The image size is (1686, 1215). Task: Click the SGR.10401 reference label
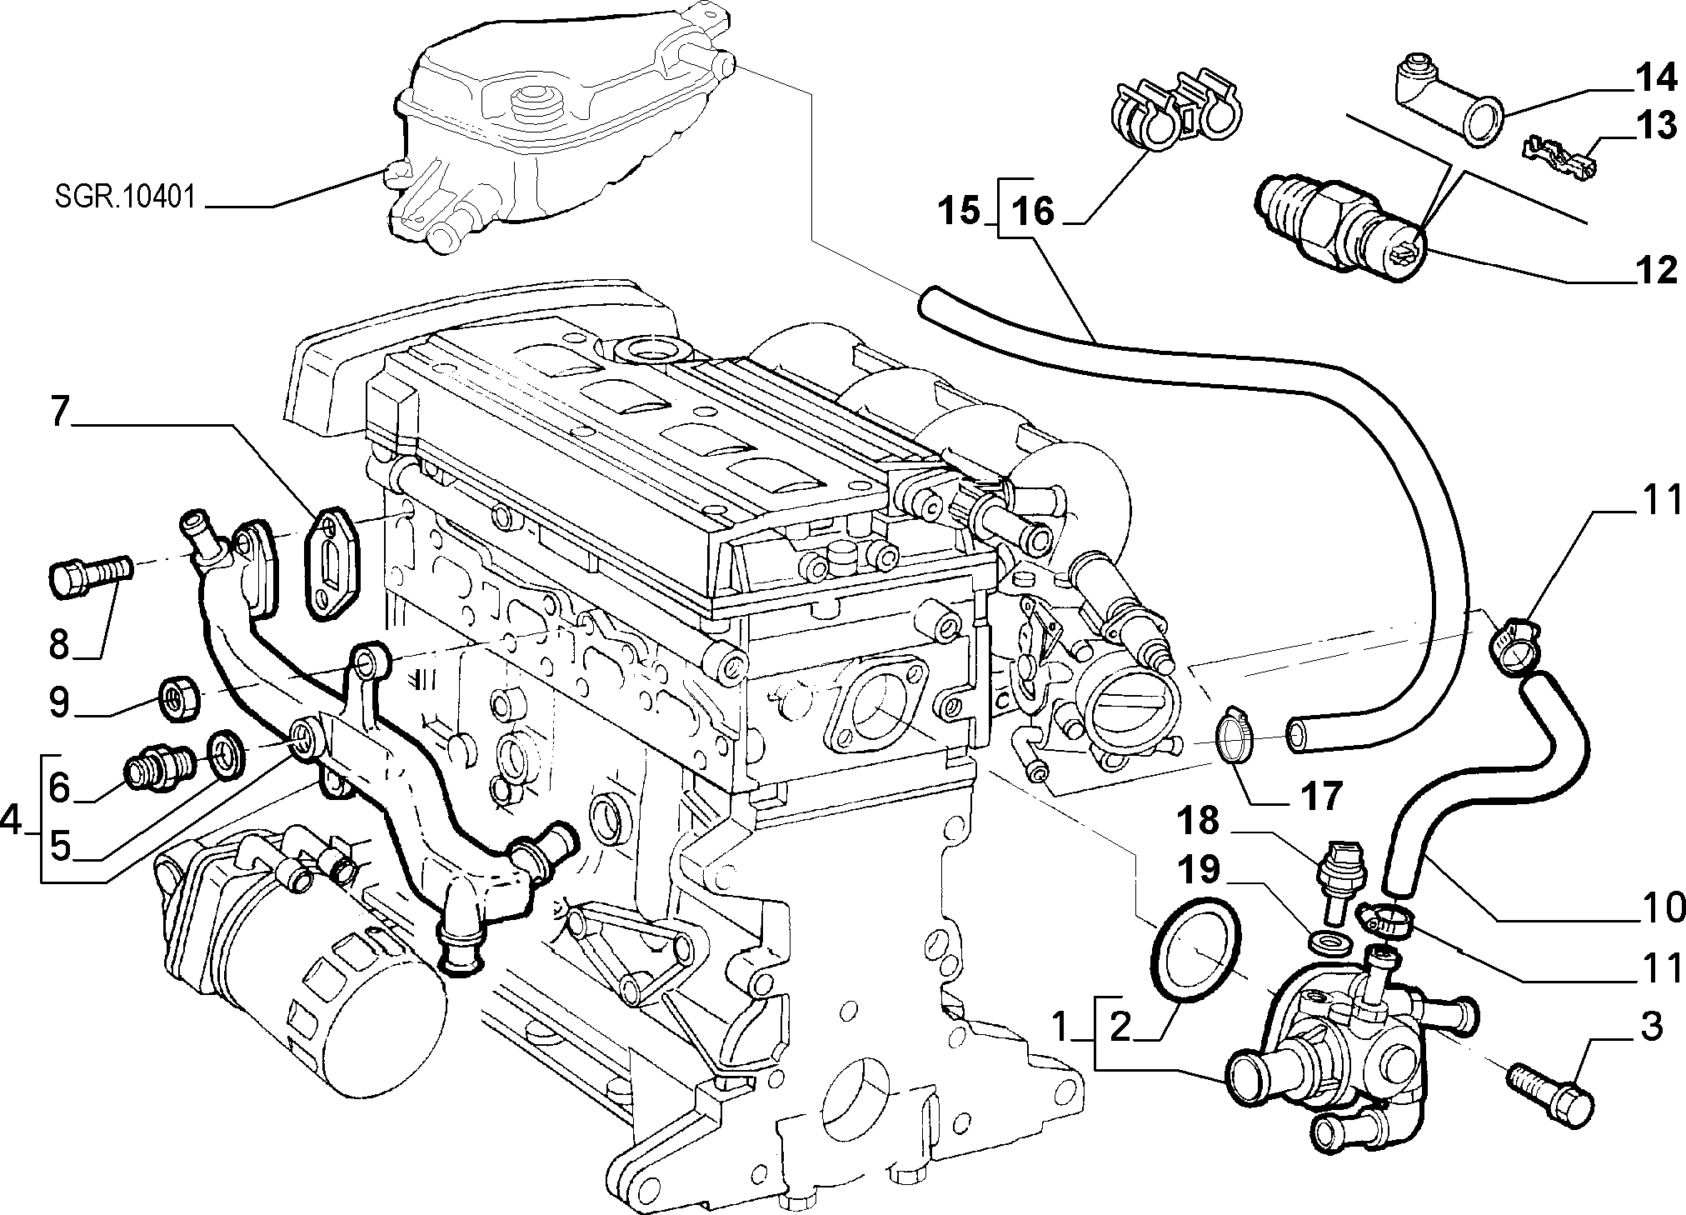[125, 197]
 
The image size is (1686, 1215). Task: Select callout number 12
[1654, 271]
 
